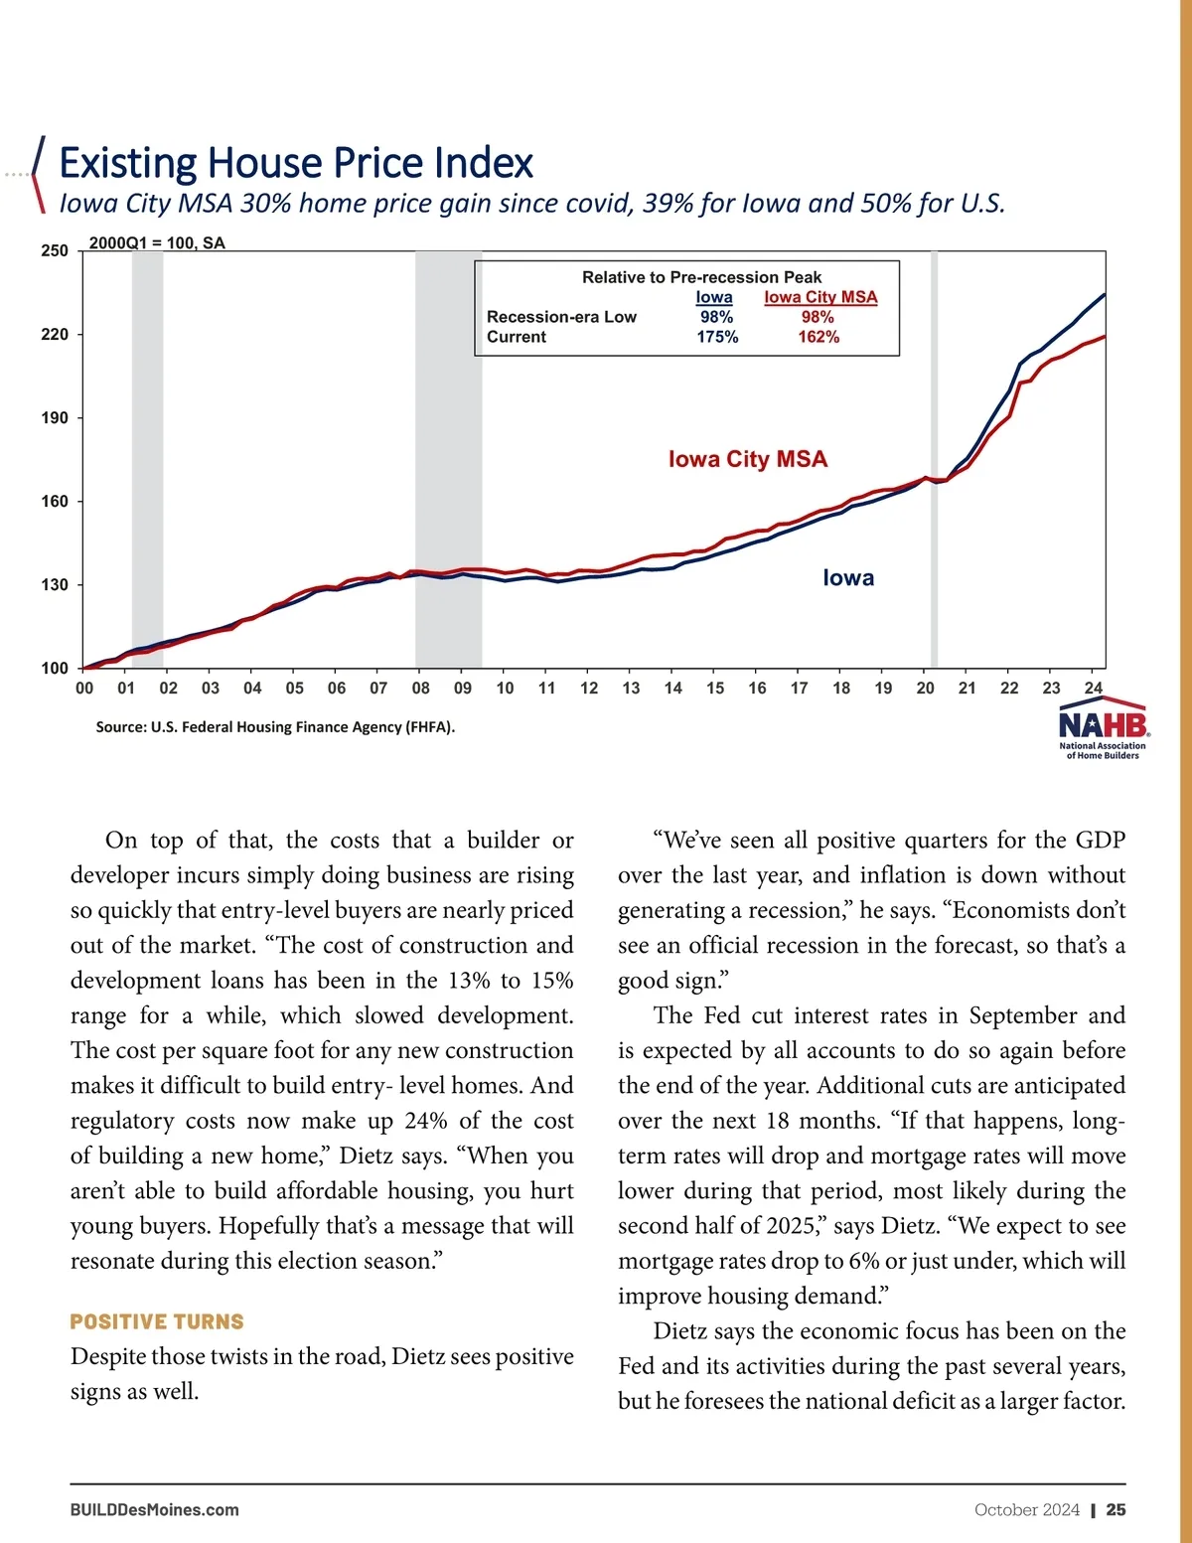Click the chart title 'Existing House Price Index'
click(x=296, y=163)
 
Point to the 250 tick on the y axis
click(x=55, y=251)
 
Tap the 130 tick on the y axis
click(x=55, y=585)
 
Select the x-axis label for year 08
click(x=421, y=688)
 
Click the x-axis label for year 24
click(x=1093, y=688)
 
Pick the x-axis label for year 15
click(x=715, y=688)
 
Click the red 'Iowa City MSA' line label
click(x=747, y=459)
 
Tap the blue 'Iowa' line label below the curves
click(x=848, y=578)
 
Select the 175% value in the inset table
click(x=717, y=337)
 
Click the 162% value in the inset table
click(x=819, y=337)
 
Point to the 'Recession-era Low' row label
click(x=561, y=317)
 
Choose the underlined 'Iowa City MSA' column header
click(x=820, y=297)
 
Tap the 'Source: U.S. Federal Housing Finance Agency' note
click(x=275, y=727)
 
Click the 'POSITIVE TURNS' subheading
click(x=157, y=1321)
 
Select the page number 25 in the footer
click(x=1116, y=1510)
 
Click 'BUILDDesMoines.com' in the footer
click(x=155, y=1510)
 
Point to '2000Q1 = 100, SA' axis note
click(x=157, y=243)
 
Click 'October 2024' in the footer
click(x=1026, y=1510)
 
